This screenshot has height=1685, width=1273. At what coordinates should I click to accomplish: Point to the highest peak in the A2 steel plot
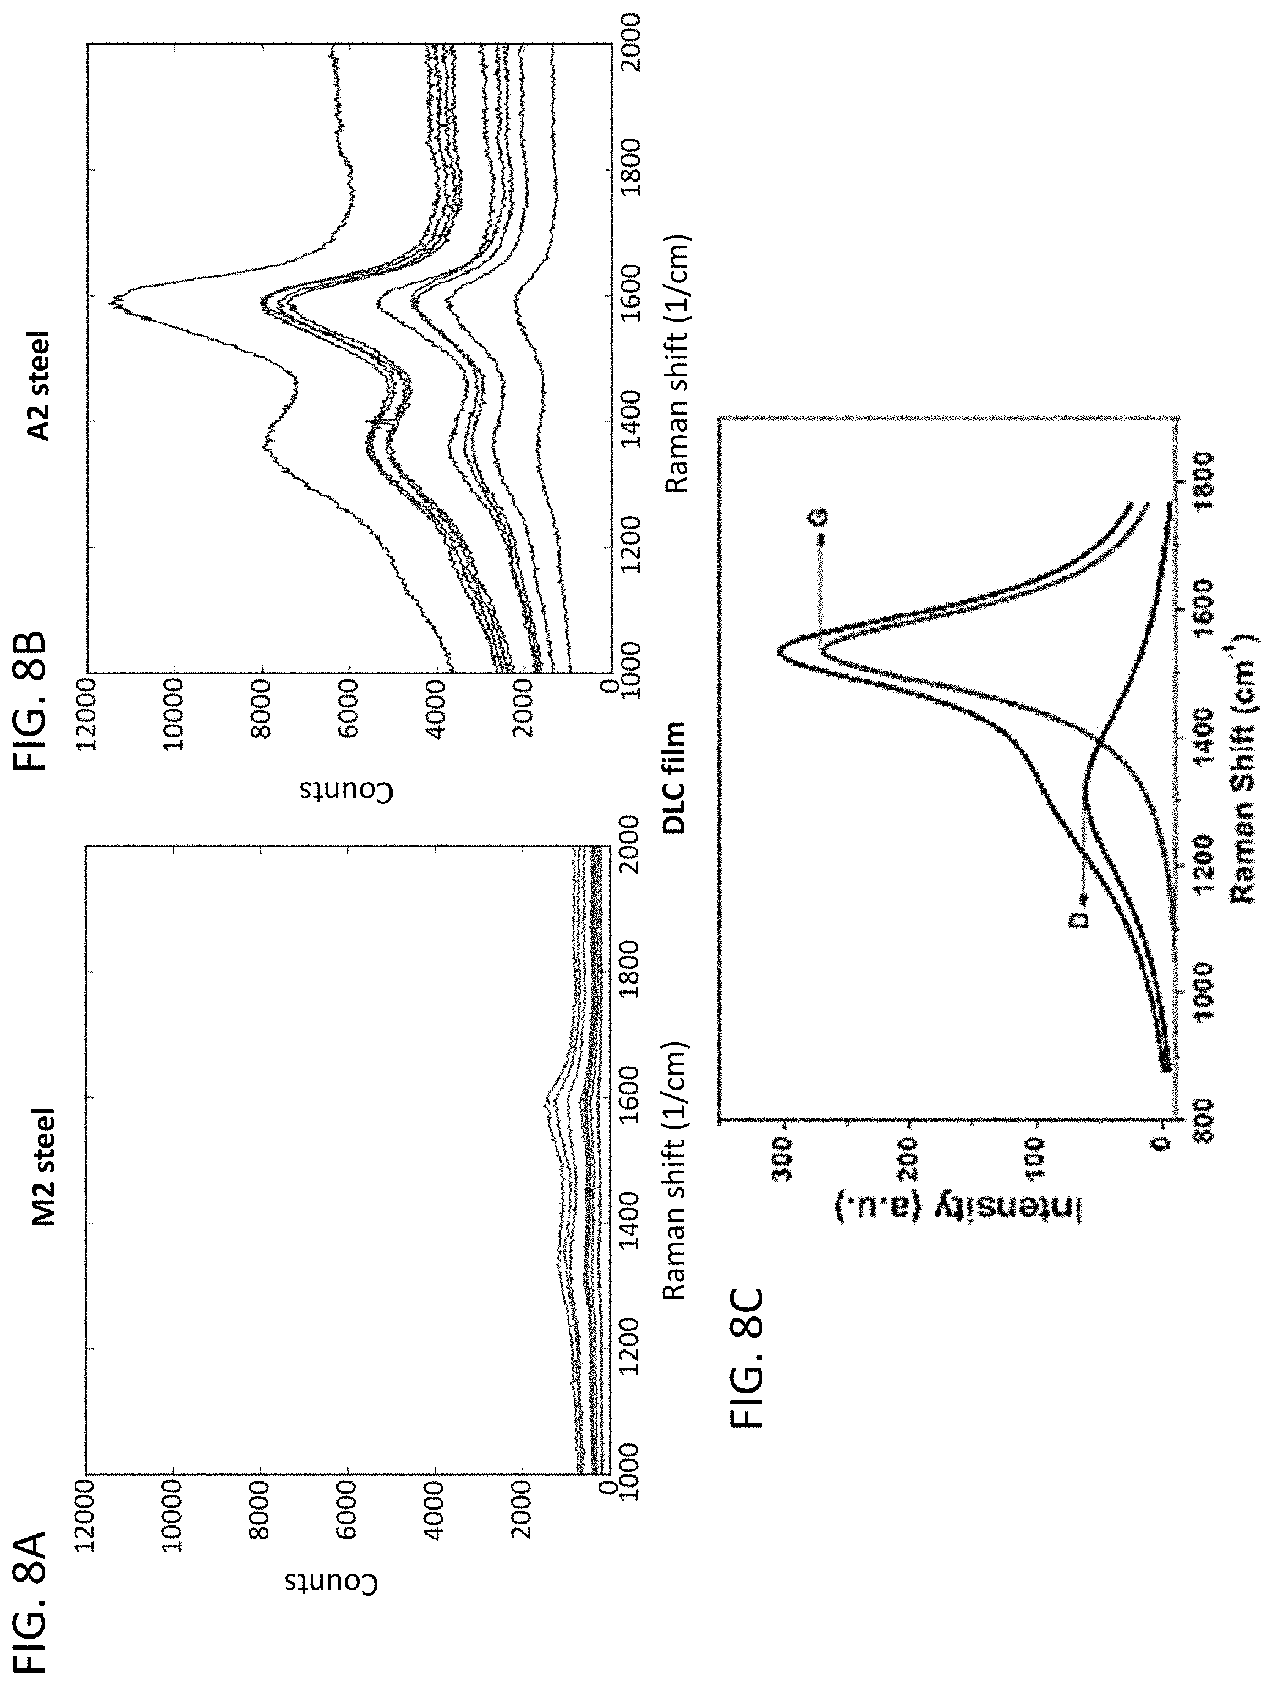coord(112,301)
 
